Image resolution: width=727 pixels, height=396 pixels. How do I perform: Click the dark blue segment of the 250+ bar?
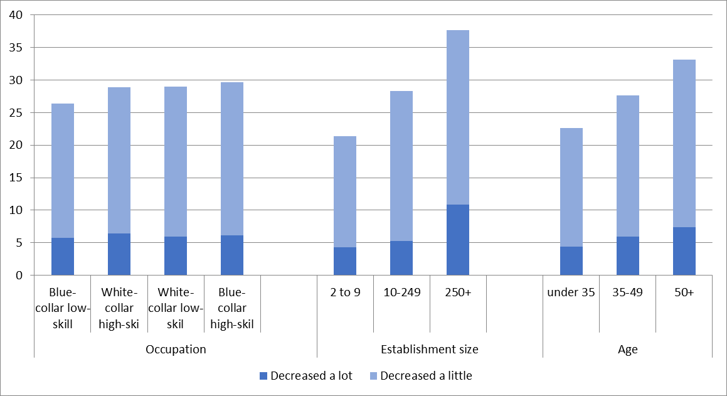tap(458, 240)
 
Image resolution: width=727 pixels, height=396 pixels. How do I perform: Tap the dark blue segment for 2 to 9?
tap(345, 261)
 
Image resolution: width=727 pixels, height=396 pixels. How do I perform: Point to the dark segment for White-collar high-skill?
tap(119, 254)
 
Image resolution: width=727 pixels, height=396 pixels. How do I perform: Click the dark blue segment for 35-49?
tap(628, 255)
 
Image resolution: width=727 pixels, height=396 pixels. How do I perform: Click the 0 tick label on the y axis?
tap(21, 275)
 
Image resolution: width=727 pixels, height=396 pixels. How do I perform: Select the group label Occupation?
tap(176, 349)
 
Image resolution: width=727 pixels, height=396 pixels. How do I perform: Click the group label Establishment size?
tap(430, 349)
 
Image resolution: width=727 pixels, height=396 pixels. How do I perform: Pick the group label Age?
tap(627, 349)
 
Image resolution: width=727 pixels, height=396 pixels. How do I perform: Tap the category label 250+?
tap(458, 292)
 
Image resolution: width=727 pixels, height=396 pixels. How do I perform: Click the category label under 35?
tap(571, 292)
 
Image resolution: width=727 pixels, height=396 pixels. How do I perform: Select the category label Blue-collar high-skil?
tap(232, 308)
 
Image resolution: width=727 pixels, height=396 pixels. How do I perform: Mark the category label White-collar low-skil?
tap(176, 308)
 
